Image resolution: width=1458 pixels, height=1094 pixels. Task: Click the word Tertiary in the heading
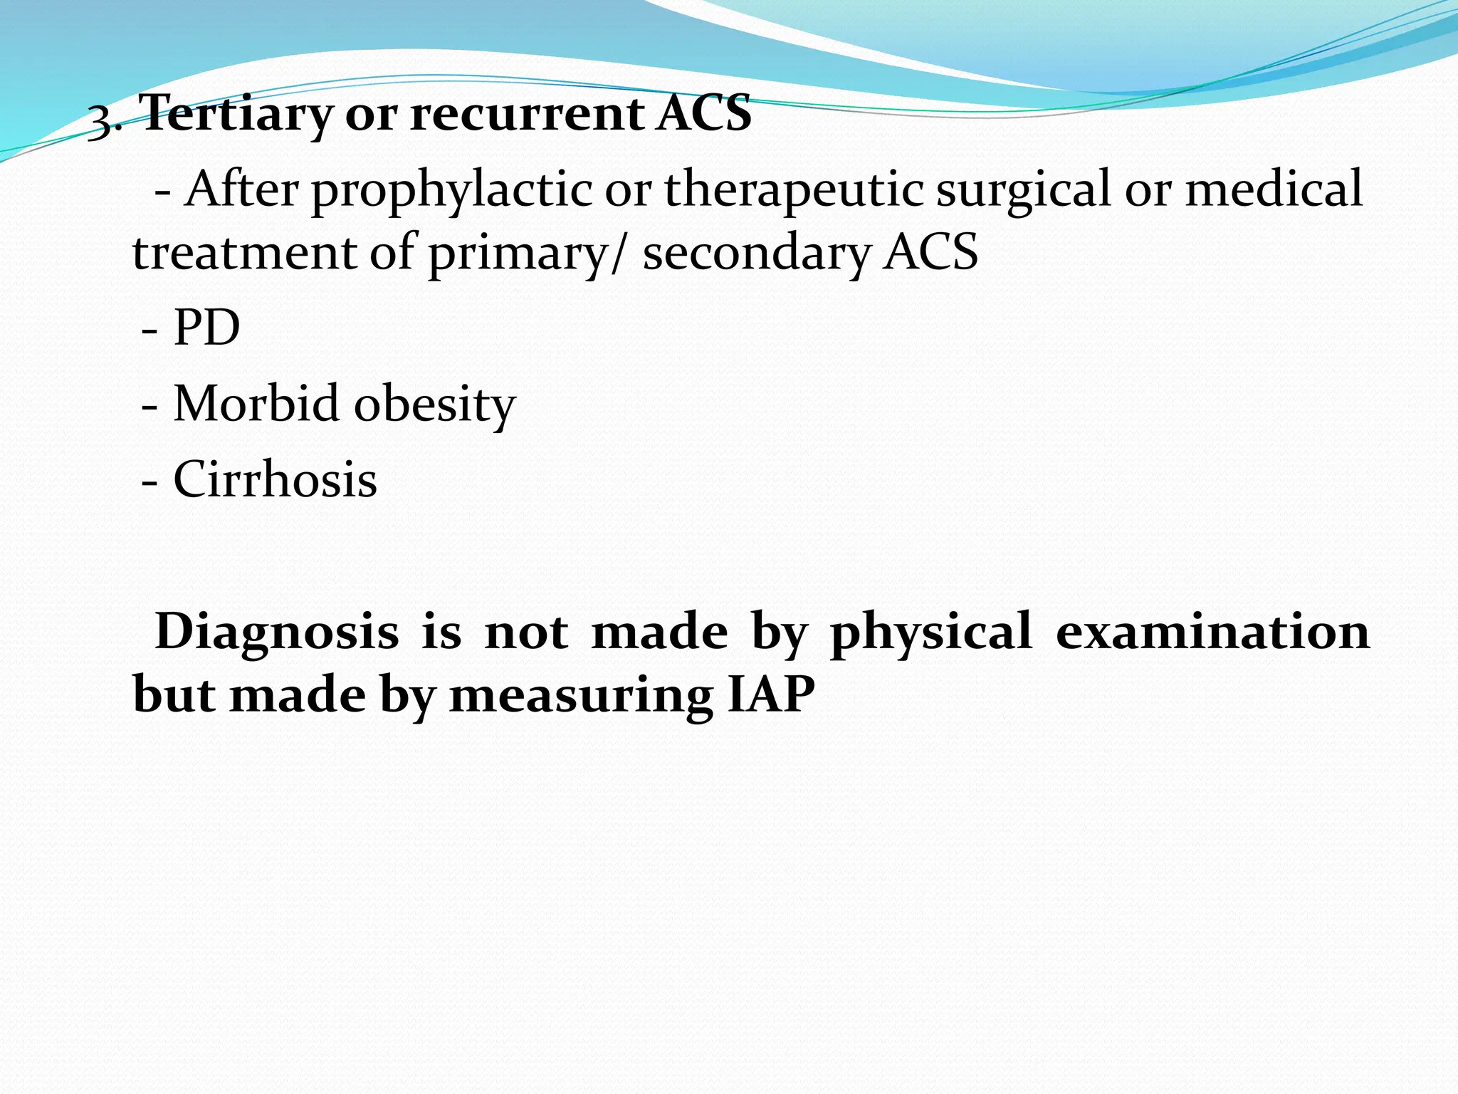pyautogui.click(x=236, y=114)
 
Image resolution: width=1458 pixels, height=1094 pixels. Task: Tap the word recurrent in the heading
pyautogui.click(x=526, y=114)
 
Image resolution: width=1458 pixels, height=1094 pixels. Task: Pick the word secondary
pyautogui.click(x=757, y=254)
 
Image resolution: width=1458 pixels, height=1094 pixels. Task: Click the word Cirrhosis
pyautogui.click(x=275, y=479)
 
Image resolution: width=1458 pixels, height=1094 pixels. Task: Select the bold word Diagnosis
pyautogui.click(x=277, y=632)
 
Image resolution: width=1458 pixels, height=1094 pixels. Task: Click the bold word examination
pyautogui.click(x=1212, y=631)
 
